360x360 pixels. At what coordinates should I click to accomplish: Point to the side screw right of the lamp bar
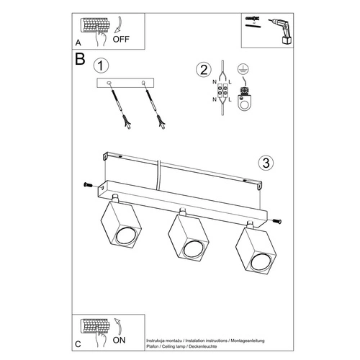(x=277, y=220)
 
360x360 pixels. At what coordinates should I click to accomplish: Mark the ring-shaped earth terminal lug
(x=243, y=103)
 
